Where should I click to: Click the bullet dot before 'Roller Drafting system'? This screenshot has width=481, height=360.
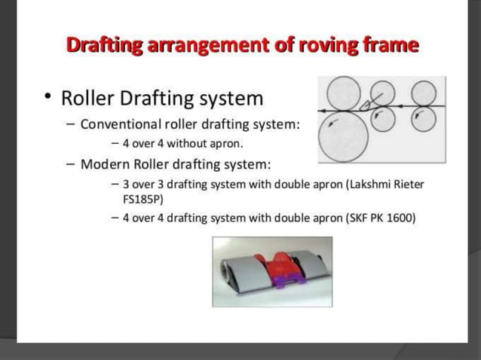pyautogui.click(x=47, y=98)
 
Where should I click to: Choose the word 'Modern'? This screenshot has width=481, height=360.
pyautogui.click(x=108, y=163)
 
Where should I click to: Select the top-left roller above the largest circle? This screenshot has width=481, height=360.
pyautogui.click(x=344, y=93)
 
